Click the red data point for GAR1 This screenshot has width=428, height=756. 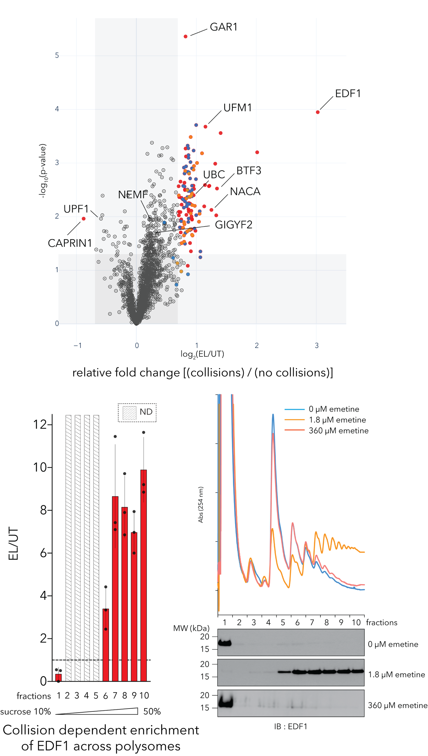pyautogui.click(x=185, y=37)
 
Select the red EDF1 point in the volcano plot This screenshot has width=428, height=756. pyautogui.click(x=318, y=112)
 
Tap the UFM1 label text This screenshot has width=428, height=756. pyautogui.click(x=237, y=108)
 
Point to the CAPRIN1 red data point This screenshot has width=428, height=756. pyautogui.click(x=84, y=218)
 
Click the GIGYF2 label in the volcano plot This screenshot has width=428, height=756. pyautogui.click(x=234, y=225)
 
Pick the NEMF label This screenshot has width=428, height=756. pyautogui.click(x=133, y=194)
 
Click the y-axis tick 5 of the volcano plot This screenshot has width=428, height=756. pyautogui.click(x=57, y=55)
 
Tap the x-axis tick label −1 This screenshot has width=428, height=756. pyautogui.click(x=78, y=345)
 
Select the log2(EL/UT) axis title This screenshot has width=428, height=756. pyautogui.click(x=202, y=354)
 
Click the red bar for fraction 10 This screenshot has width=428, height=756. pyautogui.click(x=144, y=575)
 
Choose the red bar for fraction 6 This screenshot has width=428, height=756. pyautogui.click(x=106, y=645)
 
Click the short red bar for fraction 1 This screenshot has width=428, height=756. pyautogui.click(x=58, y=677)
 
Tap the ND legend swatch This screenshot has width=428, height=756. pyautogui.click(x=129, y=413)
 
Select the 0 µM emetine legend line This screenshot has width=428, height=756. pyautogui.click(x=294, y=409)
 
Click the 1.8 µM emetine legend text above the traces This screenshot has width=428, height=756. pyautogui.click(x=337, y=420)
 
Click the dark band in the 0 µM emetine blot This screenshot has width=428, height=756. pyautogui.click(x=225, y=643)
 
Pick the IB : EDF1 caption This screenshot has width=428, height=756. pyautogui.click(x=290, y=727)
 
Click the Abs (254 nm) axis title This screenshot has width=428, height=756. pyautogui.click(x=201, y=504)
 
